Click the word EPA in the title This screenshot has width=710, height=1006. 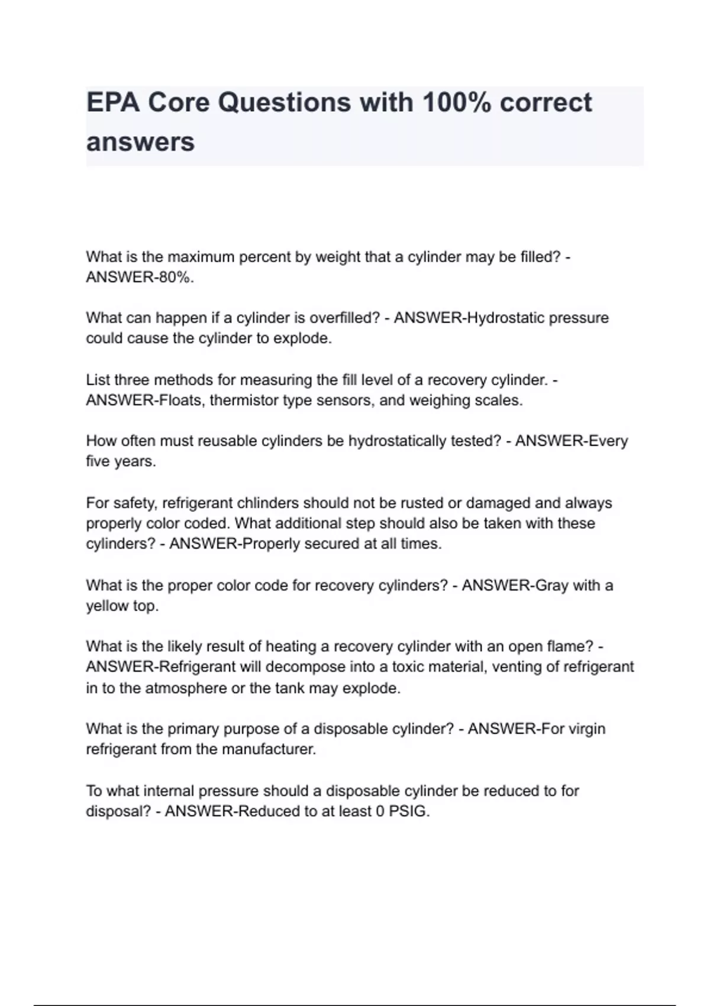(112, 103)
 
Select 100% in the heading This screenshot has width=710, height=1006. (456, 103)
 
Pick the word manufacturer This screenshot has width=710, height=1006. (269, 750)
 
